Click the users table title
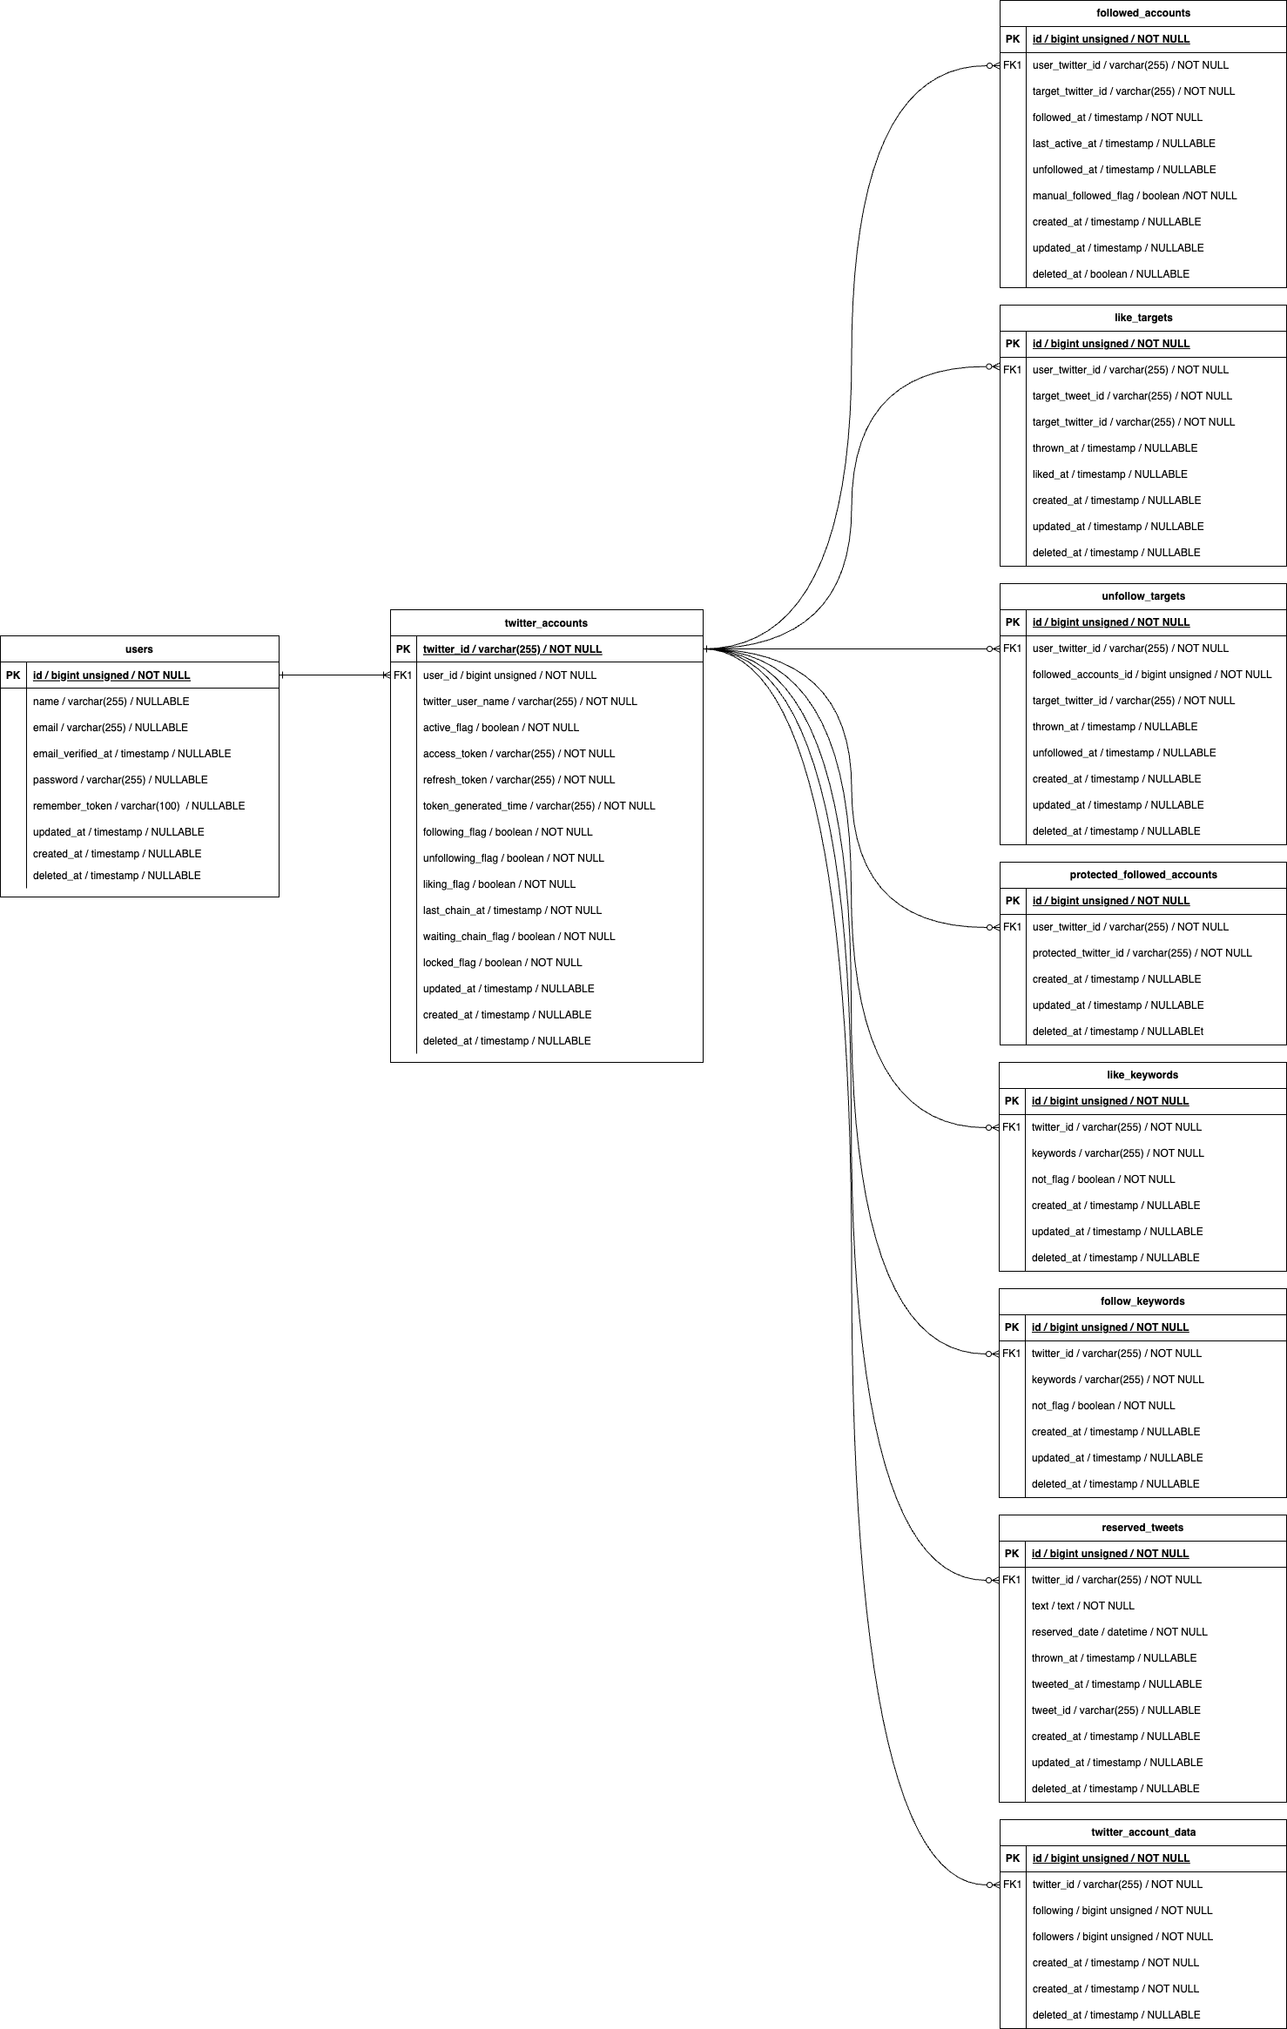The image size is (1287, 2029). pyautogui.click(x=139, y=648)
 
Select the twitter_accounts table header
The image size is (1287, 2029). pyautogui.click(x=546, y=622)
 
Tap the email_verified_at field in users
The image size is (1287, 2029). pyautogui.click(x=131, y=754)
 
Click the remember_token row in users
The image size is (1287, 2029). pyautogui.click(x=138, y=806)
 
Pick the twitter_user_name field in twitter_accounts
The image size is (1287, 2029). pyautogui.click(x=529, y=702)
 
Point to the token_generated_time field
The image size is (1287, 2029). pyautogui.click(x=539, y=806)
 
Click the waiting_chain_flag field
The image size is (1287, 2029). pyautogui.click(x=519, y=937)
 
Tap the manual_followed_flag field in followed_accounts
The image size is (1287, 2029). pyautogui.click(x=1135, y=196)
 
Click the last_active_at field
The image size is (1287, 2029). pyautogui.click(x=1123, y=144)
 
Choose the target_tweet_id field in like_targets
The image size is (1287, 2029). pyautogui.click(x=1132, y=396)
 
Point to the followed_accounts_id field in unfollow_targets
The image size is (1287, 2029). pyautogui.click(x=1151, y=675)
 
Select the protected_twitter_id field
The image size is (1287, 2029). pyautogui.click(x=1142, y=953)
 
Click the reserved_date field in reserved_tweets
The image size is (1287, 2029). pyautogui.click(x=1119, y=1632)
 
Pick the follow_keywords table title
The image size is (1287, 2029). pyautogui.click(x=1142, y=1301)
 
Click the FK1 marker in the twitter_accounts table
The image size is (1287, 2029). pyautogui.click(x=403, y=675)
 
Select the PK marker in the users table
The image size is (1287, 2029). pyautogui.click(x=13, y=675)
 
